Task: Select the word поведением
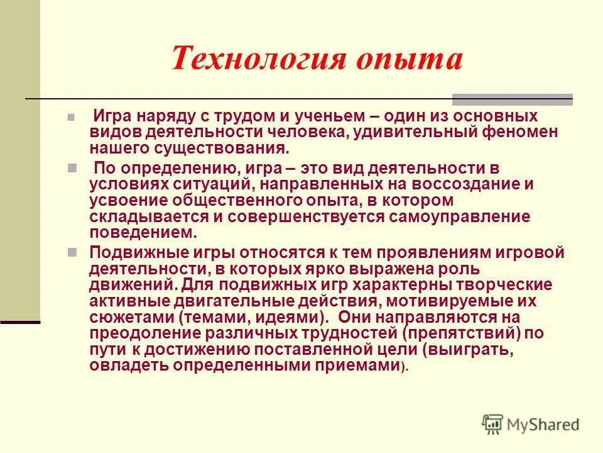(x=143, y=232)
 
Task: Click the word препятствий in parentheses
(x=464, y=333)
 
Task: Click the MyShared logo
(x=530, y=425)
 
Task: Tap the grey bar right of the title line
(x=513, y=99)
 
